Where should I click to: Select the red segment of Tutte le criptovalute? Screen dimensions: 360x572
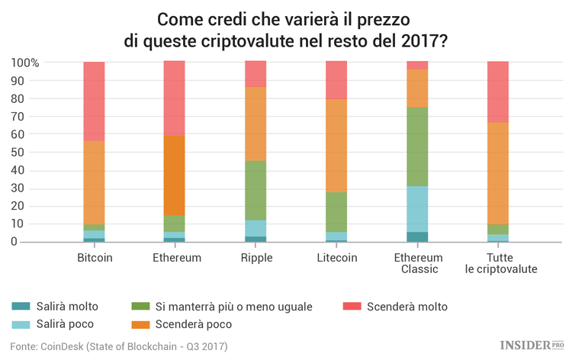[x=498, y=92]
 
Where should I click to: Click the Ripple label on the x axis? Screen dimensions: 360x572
[x=255, y=257]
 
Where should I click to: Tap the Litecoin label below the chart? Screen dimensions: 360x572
[x=336, y=257]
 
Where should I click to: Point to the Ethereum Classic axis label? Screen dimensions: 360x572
[x=417, y=263]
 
